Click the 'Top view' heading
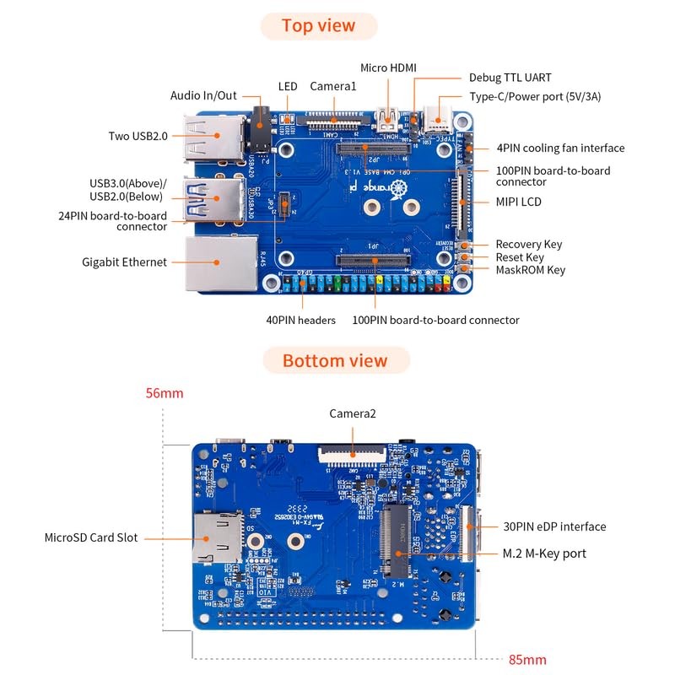pos(318,25)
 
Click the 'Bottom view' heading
pos(335,361)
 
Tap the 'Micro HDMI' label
pos(388,67)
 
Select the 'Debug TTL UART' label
pos(510,78)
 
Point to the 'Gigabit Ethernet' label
pos(124,262)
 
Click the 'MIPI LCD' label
pos(519,202)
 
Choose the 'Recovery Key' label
pos(529,245)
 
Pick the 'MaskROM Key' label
pos(531,270)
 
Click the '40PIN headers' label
pos(301,320)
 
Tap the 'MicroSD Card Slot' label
pos(91,537)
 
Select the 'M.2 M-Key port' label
pos(545,553)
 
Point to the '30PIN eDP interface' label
pos(554,526)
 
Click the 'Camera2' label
pos(352,413)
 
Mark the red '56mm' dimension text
pos(164,393)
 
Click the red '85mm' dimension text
pos(528,660)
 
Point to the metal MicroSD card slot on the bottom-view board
pos(215,537)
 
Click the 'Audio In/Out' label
pos(203,96)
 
